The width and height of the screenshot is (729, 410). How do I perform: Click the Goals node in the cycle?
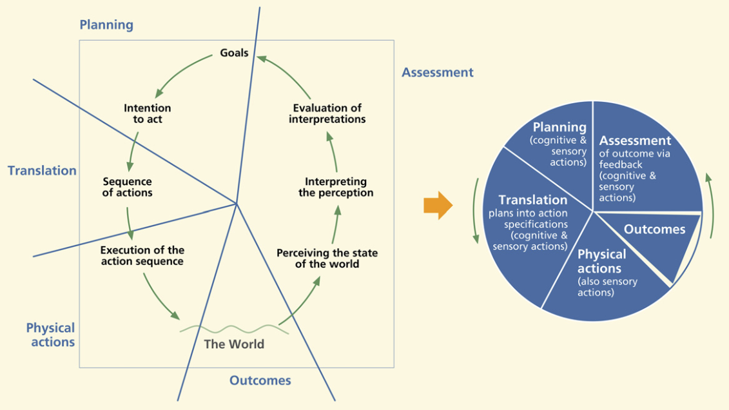(234, 53)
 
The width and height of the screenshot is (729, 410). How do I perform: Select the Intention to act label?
(148, 114)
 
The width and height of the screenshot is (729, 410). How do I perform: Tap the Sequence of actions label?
(128, 187)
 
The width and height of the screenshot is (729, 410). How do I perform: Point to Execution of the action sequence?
(142, 256)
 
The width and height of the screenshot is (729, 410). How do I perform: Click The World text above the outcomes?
(234, 344)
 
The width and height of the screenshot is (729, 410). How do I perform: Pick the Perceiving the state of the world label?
(327, 259)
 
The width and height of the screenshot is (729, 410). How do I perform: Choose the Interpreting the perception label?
(336, 187)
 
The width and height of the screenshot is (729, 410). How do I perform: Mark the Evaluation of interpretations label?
(327, 114)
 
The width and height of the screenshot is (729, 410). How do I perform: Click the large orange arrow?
(438, 206)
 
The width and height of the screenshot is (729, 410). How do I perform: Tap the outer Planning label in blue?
(106, 25)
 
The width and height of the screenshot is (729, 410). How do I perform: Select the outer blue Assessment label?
(438, 72)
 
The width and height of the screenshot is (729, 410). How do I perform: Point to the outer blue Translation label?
(42, 171)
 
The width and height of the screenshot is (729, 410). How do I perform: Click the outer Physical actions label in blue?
(50, 335)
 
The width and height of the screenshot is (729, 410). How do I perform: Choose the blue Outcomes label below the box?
(260, 380)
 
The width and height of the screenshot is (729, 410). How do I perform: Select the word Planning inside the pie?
(559, 127)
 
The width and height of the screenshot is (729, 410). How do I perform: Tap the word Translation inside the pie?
(532, 200)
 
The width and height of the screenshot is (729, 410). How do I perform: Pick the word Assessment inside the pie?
(635, 141)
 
